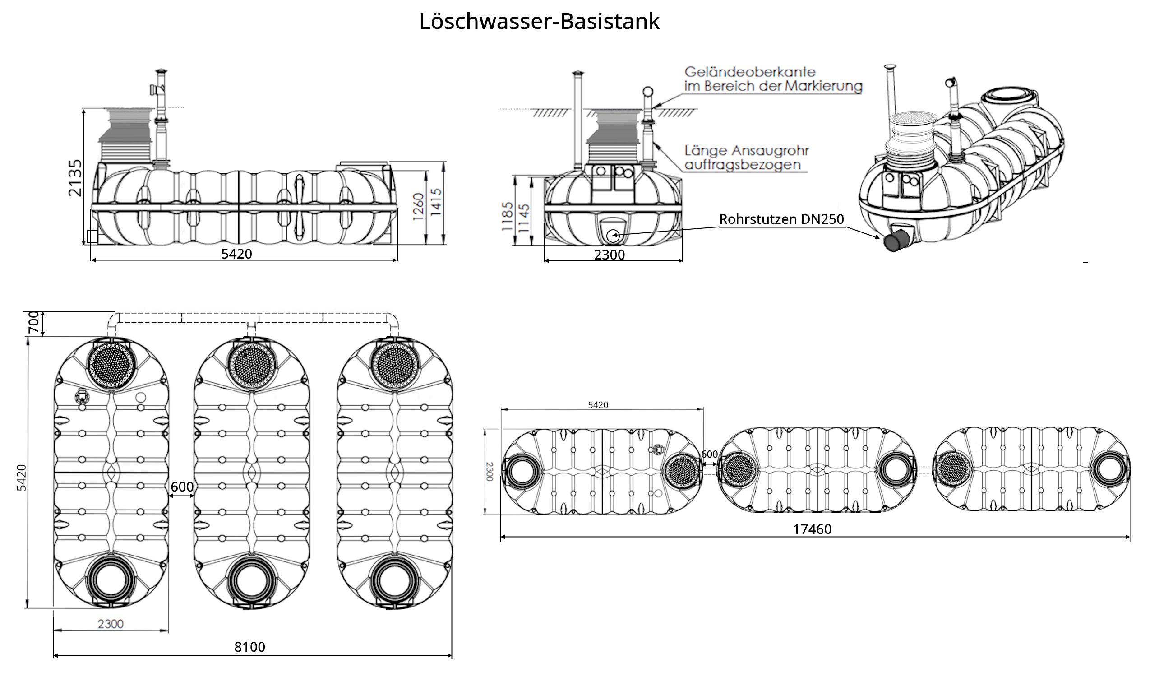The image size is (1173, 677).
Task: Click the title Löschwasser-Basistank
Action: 539,21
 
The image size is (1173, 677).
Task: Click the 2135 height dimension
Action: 75,178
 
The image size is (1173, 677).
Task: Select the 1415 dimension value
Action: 436,202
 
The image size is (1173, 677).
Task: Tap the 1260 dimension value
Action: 418,206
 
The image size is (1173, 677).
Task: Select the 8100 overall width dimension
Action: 249,647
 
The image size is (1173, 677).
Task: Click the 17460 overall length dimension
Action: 812,529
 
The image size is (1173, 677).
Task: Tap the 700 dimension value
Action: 34,322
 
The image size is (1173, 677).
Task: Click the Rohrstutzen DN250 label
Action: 781,219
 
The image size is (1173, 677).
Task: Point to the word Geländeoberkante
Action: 750,72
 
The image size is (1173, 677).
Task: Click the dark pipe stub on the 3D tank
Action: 896,241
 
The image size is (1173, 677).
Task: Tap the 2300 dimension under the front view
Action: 609,255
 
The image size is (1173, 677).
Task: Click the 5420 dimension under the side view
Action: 236,254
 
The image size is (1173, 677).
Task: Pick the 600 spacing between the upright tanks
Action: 182,487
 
